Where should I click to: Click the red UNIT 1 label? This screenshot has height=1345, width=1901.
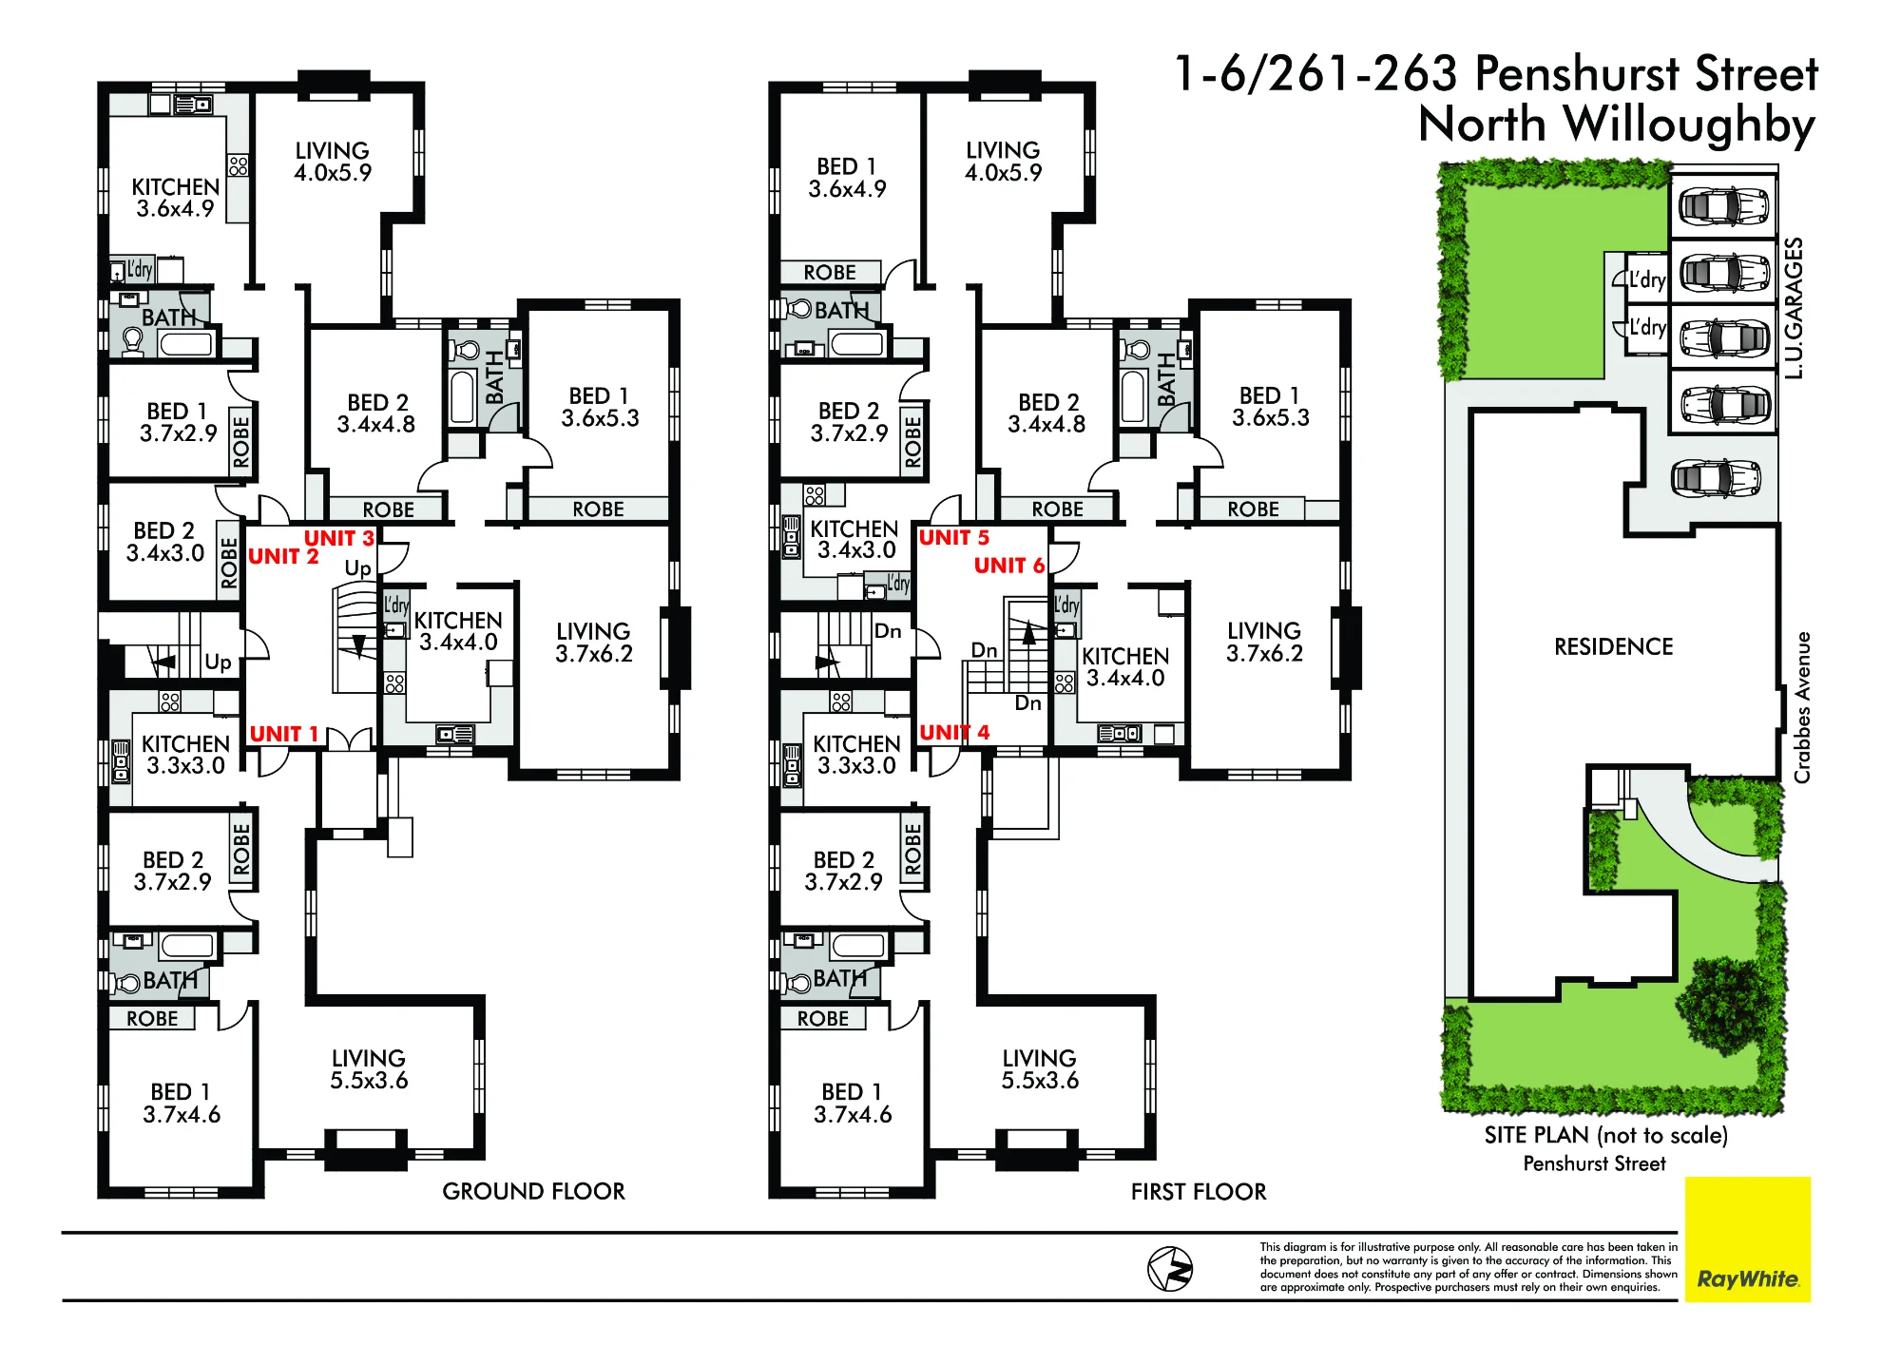click(283, 734)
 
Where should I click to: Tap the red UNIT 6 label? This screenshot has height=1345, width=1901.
click(1009, 566)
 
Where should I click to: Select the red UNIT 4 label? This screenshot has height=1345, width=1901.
click(954, 732)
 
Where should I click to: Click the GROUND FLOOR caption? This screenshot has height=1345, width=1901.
click(533, 1191)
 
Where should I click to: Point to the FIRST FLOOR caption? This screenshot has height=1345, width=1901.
click(1199, 1192)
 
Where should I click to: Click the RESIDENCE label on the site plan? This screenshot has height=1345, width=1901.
click(1613, 647)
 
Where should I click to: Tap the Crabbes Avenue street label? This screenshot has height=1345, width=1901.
click(1802, 707)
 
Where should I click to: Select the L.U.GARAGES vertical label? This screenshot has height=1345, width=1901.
click(1794, 308)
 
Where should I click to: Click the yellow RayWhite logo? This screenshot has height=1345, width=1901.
click(1748, 1239)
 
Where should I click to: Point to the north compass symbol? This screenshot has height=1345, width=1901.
click(1170, 1269)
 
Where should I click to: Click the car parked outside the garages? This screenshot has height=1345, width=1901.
click(1717, 478)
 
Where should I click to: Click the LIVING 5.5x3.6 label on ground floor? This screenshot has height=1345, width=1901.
click(369, 1069)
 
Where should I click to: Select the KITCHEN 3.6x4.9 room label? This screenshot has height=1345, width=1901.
click(175, 198)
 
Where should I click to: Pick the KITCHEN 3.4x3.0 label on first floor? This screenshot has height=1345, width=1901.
click(854, 539)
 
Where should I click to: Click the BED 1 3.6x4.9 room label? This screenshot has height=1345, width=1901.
click(847, 178)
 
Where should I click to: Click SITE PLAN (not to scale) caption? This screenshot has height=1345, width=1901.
click(1606, 1135)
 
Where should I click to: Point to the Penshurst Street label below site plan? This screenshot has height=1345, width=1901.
click(1594, 1163)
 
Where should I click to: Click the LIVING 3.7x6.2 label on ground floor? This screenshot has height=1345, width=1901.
click(594, 643)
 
